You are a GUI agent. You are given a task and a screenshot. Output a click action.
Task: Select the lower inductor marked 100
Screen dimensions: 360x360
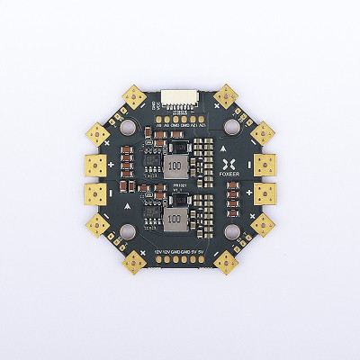[177, 219]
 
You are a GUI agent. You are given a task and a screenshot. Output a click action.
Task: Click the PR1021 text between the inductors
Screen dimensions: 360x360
[178, 187]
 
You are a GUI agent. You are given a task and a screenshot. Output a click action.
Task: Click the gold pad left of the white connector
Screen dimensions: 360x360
[138, 95]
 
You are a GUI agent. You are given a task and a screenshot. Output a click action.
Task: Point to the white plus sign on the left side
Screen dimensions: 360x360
[111, 166]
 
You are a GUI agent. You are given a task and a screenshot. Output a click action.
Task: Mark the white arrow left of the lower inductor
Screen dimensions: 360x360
[131, 205]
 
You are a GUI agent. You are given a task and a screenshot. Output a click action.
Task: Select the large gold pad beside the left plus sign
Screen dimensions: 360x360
[95, 166]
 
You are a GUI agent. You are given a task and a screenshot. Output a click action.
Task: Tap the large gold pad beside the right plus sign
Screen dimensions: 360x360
[265, 165]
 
